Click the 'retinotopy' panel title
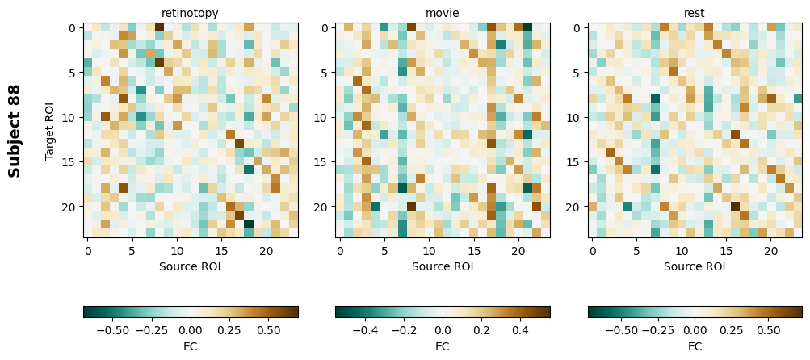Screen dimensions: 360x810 pyautogui.click(x=190, y=14)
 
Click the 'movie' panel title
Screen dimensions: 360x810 pyautogui.click(x=443, y=14)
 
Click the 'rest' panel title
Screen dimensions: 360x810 pyautogui.click(x=695, y=14)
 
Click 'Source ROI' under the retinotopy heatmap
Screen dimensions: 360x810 pyautogui.click(x=190, y=266)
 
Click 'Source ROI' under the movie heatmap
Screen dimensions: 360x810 pyautogui.click(x=443, y=266)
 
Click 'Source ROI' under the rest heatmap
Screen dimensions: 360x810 pyautogui.click(x=695, y=266)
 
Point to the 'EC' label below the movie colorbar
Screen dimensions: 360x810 pyautogui.click(x=443, y=346)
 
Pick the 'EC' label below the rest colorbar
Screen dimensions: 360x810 pyautogui.click(x=695, y=346)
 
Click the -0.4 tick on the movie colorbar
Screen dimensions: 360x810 pyautogui.click(x=365, y=330)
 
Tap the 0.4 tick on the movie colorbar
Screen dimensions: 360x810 pyautogui.click(x=520, y=330)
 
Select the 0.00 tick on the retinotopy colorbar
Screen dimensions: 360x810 pyautogui.click(x=191, y=330)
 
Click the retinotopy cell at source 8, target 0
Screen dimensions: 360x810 pyautogui.click(x=159, y=27)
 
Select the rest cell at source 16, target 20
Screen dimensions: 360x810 pyautogui.click(x=735, y=206)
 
